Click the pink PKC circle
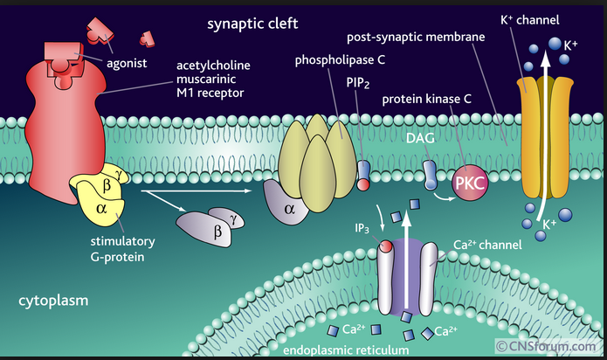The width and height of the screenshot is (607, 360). pyautogui.click(x=469, y=185)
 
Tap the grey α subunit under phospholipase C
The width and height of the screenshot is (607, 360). pyautogui.click(x=291, y=208)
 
